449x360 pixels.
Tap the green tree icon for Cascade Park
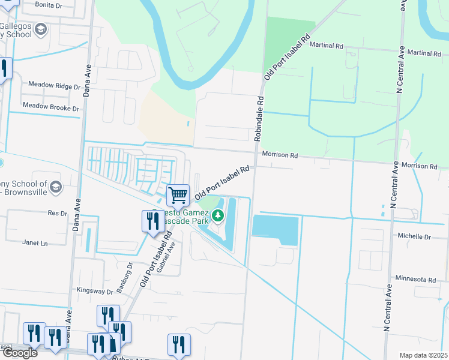[x=217, y=215]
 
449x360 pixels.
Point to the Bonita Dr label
[x=49, y=4]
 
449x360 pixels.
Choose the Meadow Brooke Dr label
[x=50, y=107]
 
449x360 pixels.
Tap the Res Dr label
[x=56, y=213]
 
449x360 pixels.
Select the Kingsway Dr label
[x=95, y=291]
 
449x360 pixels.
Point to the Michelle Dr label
[x=414, y=237]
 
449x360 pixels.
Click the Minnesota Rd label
[x=415, y=280]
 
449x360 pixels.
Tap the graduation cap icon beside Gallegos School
[x=41, y=29]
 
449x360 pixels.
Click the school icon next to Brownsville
[x=56, y=187]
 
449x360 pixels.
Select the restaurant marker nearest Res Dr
[x=150, y=221]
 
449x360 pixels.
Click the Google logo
[x=19, y=353]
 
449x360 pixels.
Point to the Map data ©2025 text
[x=423, y=355]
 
